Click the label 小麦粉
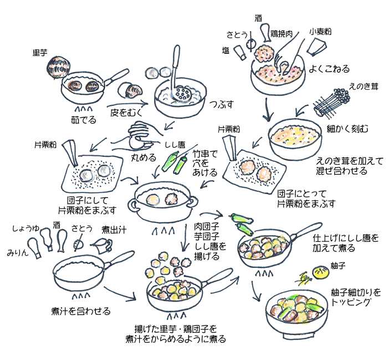320,32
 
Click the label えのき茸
364,86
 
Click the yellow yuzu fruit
321,273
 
